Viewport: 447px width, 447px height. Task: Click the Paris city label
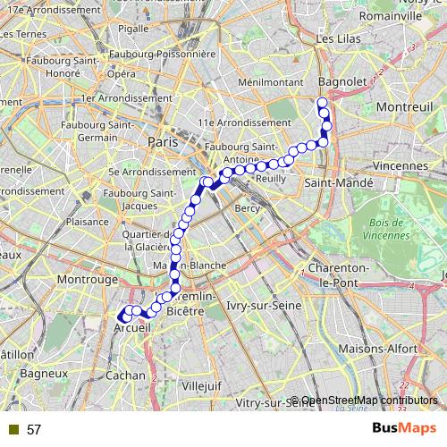point(164,141)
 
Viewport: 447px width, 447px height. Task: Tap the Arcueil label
point(131,329)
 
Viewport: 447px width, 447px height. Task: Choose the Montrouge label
point(88,280)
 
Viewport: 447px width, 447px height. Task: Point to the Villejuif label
point(200,385)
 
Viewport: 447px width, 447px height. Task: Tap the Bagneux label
point(44,372)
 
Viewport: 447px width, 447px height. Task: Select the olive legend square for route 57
point(13,430)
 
